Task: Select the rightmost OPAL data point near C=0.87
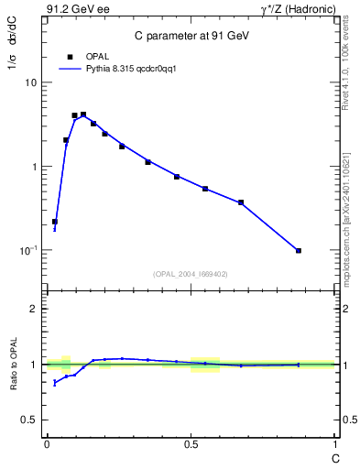point(299,250)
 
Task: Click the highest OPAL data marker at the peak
point(83,115)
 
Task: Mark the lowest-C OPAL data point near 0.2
point(55,222)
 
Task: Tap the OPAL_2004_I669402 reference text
point(190,273)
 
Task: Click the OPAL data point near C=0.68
point(241,202)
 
